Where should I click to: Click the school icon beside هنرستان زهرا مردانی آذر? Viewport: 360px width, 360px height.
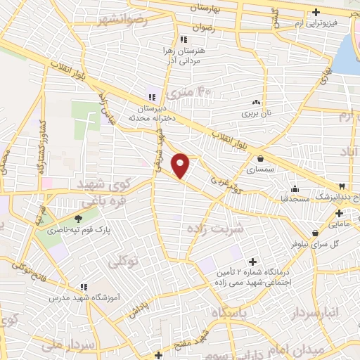pos(184,40)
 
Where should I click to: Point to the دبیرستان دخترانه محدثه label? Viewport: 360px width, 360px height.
pos(150,112)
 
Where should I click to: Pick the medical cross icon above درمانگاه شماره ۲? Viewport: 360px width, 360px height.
pos(253,262)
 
